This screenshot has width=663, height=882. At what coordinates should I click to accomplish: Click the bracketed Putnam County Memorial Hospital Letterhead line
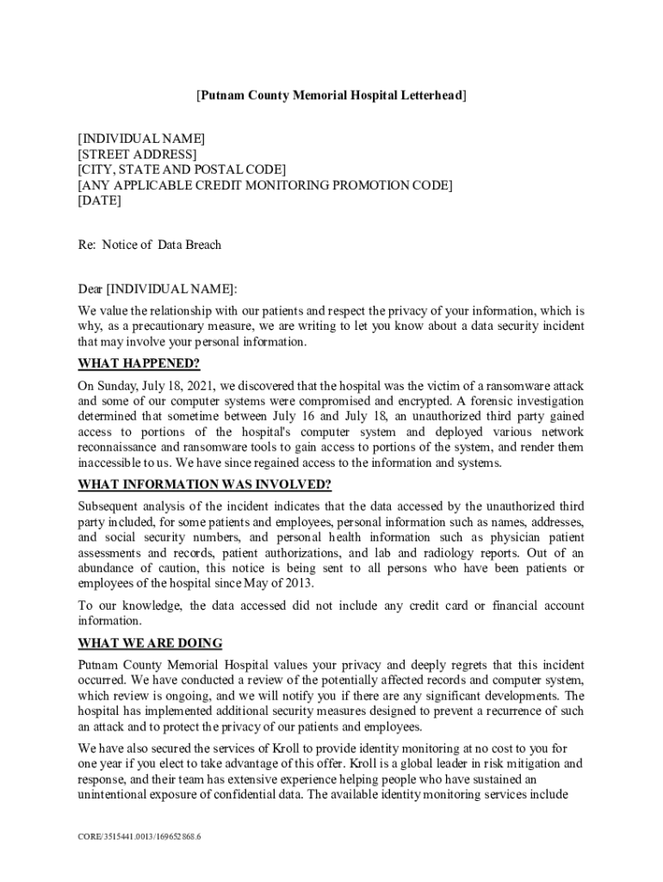[x=331, y=96]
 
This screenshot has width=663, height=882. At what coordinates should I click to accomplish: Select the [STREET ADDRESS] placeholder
[x=137, y=154]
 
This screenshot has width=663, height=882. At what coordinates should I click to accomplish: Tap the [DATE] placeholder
[x=99, y=201]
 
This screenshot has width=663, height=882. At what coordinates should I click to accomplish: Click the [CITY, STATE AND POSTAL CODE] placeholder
[x=181, y=170]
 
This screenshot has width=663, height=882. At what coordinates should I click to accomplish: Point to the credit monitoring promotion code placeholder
[x=264, y=185]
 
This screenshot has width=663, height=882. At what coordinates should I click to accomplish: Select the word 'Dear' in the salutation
[x=90, y=288]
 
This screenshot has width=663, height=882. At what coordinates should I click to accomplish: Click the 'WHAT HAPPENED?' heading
[x=139, y=363]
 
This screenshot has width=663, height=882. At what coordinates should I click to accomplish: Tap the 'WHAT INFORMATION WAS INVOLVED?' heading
[x=204, y=483]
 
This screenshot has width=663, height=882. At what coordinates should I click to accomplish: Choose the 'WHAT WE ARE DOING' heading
[x=150, y=643]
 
